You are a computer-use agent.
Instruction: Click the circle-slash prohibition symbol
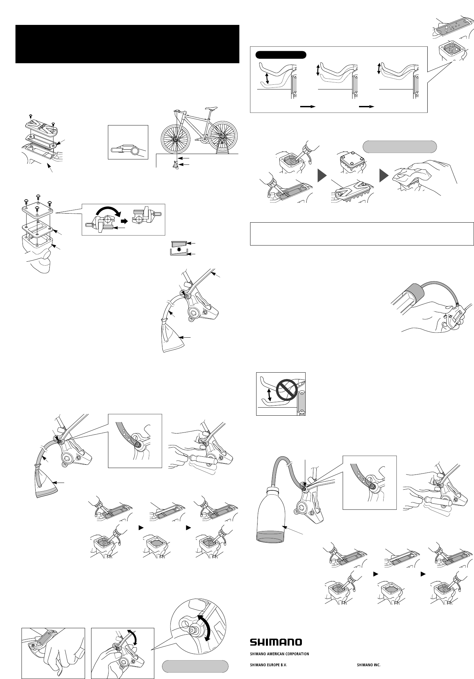(x=286, y=390)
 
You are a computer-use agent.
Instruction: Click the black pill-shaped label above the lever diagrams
(x=281, y=54)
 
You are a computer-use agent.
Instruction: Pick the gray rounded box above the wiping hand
(x=400, y=146)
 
